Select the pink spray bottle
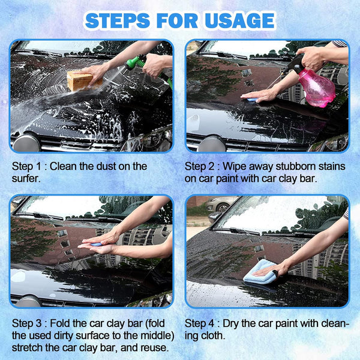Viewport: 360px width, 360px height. coord(317,88)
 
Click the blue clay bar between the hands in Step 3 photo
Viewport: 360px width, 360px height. coord(95,244)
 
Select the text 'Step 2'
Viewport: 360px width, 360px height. coord(201,166)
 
